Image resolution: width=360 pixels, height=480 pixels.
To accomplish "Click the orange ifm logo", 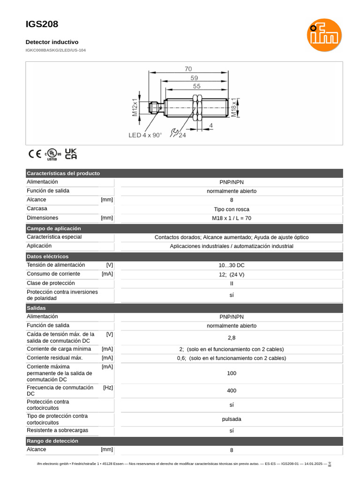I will click(324, 35).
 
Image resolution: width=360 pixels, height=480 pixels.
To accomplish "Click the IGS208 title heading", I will click(42, 24).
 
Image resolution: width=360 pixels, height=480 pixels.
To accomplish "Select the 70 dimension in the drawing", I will click(188, 69).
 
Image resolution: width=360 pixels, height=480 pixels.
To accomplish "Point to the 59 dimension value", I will click(194, 78).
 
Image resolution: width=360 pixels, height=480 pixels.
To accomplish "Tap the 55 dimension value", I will click(196, 86).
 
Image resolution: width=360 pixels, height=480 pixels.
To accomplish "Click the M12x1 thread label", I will click(135, 107).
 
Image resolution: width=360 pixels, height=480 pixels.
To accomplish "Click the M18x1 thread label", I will click(234, 107).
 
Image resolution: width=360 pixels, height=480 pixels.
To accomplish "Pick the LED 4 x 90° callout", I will click(145, 135).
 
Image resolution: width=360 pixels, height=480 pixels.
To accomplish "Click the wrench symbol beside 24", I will click(174, 134).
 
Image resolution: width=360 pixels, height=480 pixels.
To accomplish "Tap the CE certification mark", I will click(35, 154).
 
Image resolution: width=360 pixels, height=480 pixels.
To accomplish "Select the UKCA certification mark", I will click(70, 154).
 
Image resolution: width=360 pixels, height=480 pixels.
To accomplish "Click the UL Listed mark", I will click(52, 154).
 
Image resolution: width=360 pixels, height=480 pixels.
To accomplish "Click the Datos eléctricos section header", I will click(48, 257).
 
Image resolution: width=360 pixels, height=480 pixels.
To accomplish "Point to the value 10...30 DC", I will click(232, 265).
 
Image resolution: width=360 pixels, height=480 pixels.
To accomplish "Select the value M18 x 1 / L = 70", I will click(232, 218).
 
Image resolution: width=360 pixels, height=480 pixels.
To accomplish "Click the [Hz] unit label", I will click(108, 388).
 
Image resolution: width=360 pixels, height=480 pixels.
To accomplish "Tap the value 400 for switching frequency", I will click(232, 390).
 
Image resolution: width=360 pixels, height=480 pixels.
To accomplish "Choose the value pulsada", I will click(232, 419).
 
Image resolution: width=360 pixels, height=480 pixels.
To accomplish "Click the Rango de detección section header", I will click(52, 441).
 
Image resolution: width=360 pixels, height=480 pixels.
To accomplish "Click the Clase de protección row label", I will click(51, 283).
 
